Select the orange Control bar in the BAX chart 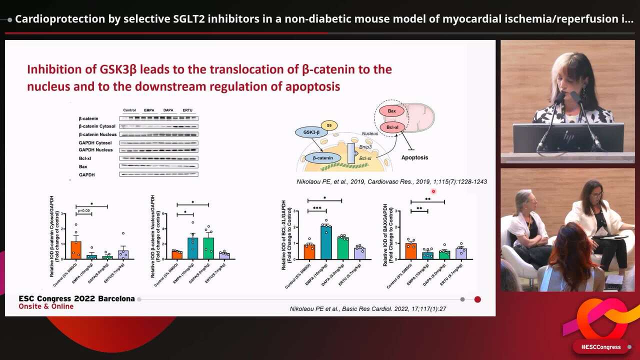coord(410,251)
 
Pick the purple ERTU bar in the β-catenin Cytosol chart coord(123,254)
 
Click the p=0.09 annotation coord(83,210)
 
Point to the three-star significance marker coord(317,208)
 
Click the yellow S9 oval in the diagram coord(329,125)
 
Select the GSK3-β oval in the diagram coord(312,132)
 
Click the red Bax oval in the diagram coord(392,111)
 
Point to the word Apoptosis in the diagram coord(414,157)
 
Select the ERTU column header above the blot coord(187,110)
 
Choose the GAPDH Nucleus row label coord(95,150)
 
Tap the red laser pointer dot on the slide coord(433,191)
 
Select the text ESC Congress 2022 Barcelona coord(76,298)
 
